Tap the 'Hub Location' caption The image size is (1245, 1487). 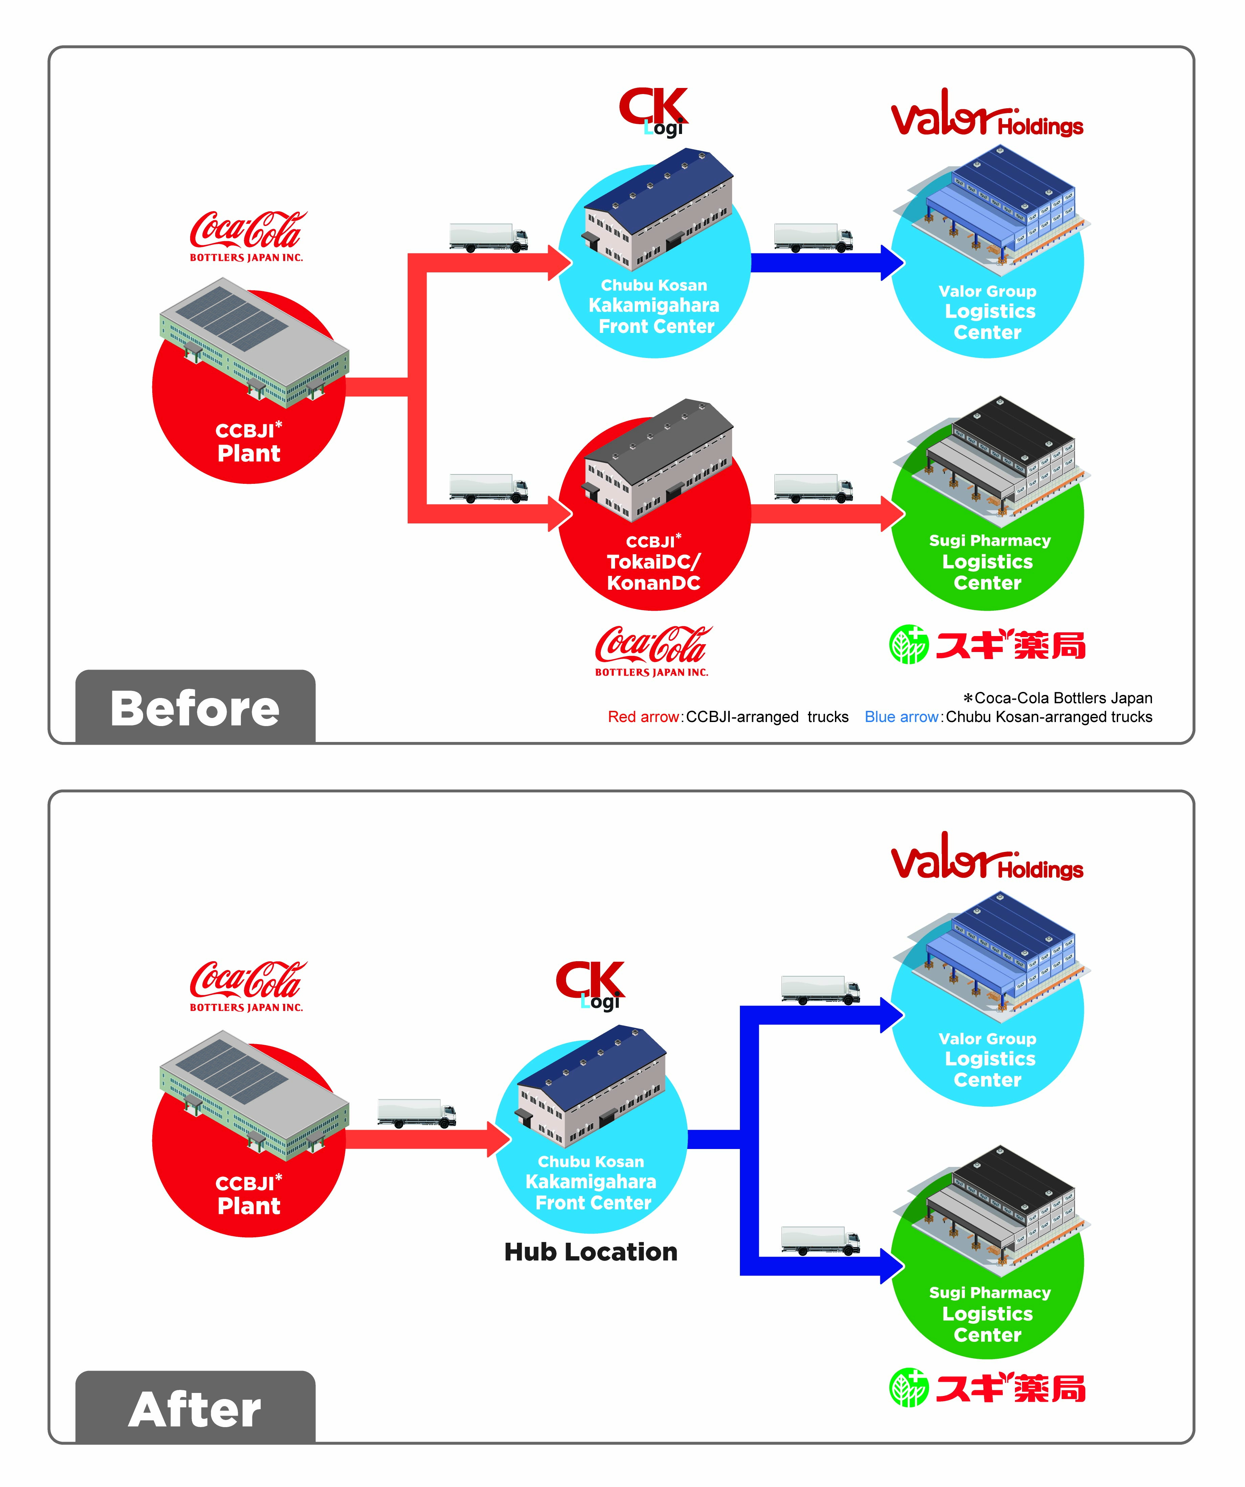pos(591,1252)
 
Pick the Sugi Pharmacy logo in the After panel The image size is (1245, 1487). pos(987,1388)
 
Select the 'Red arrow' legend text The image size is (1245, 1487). pos(643,717)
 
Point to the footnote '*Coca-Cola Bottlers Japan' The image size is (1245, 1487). pos(1057,697)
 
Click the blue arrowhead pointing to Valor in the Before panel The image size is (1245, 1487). pos(891,263)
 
